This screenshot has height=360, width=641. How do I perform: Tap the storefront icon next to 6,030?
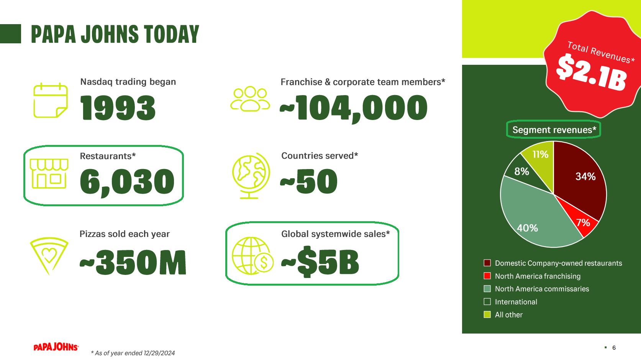pos(49,174)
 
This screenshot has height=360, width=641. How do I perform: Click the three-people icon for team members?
pos(250,99)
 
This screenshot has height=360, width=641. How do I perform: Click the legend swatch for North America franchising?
pos(487,276)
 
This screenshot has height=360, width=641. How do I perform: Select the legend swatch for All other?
pos(487,314)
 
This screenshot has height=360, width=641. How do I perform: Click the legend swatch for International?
pos(487,302)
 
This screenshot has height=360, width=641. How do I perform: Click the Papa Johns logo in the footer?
pos(56,347)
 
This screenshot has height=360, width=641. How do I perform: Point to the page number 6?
pos(614,348)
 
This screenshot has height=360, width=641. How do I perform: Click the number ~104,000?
pos(353,108)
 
